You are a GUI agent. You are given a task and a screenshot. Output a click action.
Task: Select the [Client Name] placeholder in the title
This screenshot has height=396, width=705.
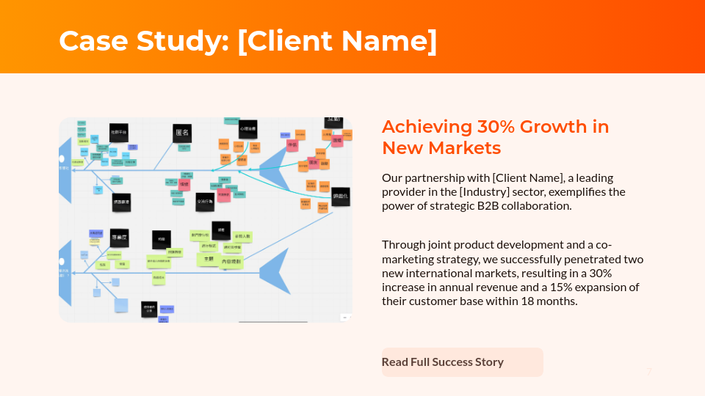point(337,41)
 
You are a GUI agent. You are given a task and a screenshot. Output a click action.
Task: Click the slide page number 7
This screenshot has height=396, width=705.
point(648,372)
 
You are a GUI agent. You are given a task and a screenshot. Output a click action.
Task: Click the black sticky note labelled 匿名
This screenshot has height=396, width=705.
point(182,133)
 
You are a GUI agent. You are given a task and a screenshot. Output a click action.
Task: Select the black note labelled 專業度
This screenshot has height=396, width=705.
point(120,238)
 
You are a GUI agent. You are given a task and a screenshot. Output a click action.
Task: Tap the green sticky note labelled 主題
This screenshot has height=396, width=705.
point(208,259)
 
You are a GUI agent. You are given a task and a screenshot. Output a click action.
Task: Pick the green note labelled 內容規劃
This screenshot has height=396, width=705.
point(232,262)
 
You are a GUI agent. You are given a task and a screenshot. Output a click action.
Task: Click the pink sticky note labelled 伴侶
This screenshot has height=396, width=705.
point(292,145)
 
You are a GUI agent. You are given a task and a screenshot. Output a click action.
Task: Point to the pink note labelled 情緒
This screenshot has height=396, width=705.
point(184,184)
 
